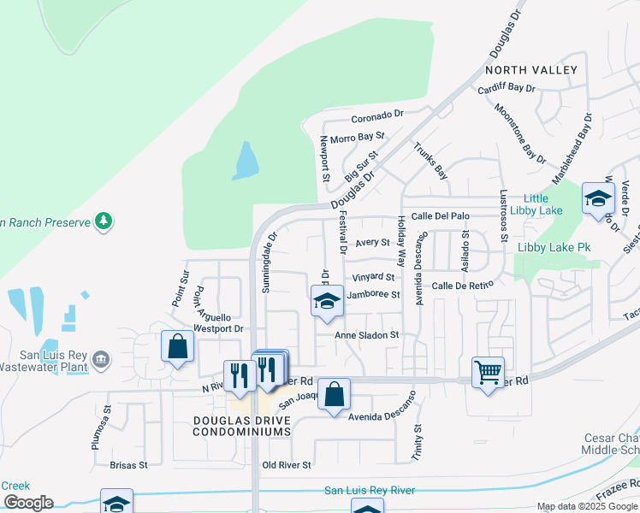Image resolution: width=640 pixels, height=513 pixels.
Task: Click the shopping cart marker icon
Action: [488, 371]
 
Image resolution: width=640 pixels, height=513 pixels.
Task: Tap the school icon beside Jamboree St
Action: [326, 301]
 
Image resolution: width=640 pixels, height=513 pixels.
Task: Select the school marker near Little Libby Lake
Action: [598, 199]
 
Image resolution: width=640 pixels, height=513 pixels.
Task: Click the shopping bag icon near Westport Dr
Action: [177, 345]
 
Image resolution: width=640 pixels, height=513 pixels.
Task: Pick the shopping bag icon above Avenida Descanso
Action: [335, 394]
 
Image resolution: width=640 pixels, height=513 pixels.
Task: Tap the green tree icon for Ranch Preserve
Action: [104, 221]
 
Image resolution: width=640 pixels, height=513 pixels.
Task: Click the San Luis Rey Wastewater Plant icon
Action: [101, 357]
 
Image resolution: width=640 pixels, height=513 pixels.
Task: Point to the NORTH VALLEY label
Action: [531, 70]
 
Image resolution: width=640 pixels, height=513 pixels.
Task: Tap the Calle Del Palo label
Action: [441, 216]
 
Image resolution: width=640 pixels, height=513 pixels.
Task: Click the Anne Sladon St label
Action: [367, 335]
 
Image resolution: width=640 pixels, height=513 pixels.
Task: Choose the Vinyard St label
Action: [374, 277]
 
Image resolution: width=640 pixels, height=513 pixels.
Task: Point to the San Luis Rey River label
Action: [370, 490]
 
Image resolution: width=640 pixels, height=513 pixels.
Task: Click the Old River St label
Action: [287, 465]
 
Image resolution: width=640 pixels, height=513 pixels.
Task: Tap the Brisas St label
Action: [129, 465]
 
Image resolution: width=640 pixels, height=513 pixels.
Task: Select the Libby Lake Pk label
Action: [554, 248]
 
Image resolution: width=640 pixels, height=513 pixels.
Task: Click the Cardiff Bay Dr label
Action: [507, 88]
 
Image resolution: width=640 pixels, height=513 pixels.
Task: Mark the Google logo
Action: [27, 503]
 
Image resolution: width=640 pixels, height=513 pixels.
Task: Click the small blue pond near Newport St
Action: [246, 161]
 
